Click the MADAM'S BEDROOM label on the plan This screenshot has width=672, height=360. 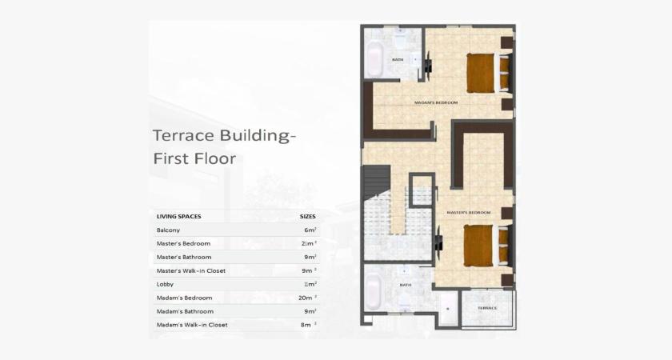click(436, 102)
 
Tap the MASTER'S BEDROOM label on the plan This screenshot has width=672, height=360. click(468, 212)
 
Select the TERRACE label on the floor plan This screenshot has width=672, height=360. click(487, 308)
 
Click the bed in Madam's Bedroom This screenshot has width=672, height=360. click(482, 73)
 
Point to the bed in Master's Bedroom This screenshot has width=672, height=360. click(479, 244)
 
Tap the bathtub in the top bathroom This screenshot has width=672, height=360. click(374, 58)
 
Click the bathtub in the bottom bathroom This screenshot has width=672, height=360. click(374, 291)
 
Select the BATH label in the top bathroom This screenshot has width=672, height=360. click(398, 60)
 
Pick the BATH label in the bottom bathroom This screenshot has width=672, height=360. click(406, 285)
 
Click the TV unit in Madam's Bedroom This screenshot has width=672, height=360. click(429, 66)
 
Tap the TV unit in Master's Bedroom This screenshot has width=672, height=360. click(438, 242)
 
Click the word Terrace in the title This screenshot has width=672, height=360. click(180, 135)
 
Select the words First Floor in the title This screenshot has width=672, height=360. click(194, 158)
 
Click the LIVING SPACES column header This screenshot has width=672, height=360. click(178, 216)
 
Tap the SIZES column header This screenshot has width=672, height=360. click(307, 216)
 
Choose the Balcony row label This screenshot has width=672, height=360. click(168, 230)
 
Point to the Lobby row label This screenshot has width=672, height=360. click(165, 284)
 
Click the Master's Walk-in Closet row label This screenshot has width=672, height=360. click(191, 270)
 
